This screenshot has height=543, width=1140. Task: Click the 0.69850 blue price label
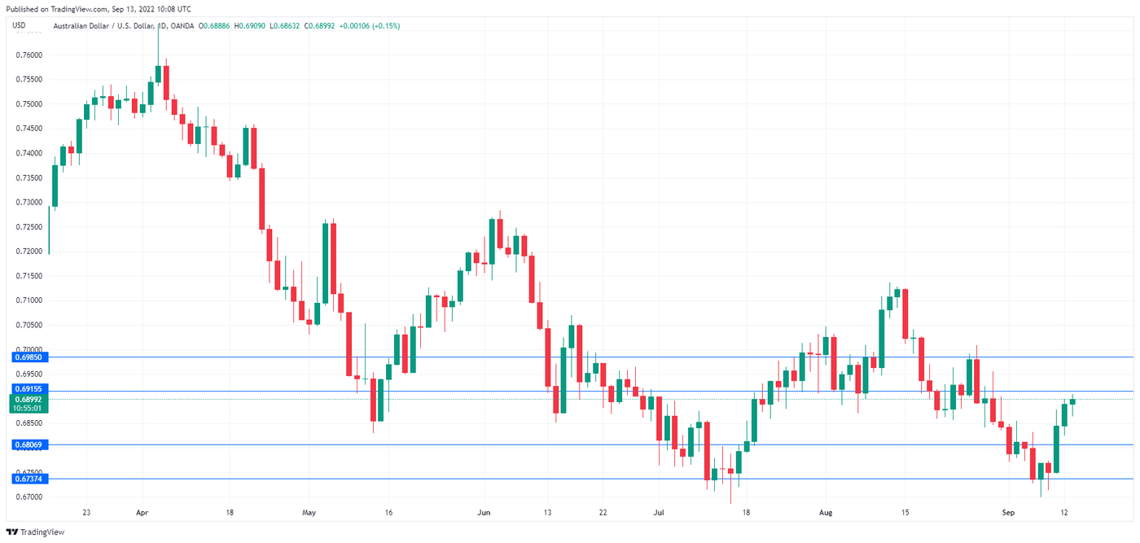click(x=28, y=357)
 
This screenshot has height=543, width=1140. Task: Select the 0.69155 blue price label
click(x=28, y=391)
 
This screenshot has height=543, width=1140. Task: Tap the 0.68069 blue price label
click(x=28, y=444)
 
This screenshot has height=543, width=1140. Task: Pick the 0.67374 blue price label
click(x=28, y=479)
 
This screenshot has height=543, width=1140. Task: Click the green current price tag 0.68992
click(x=28, y=400)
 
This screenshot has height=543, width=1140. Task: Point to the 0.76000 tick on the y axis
click(x=28, y=55)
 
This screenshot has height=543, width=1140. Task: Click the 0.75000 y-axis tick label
click(x=28, y=104)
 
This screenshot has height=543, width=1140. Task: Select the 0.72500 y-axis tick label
click(x=28, y=226)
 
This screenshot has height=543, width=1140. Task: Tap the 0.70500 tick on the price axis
click(x=28, y=325)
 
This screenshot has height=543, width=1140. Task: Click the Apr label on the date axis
click(x=142, y=513)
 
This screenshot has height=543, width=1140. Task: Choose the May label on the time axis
click(x=308, y=513)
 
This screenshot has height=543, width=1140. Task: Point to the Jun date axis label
click(x=484, y=513)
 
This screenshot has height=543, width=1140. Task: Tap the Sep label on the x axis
click(x=1009, y=513)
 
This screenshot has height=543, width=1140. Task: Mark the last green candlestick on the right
click(x=1072, y=401)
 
